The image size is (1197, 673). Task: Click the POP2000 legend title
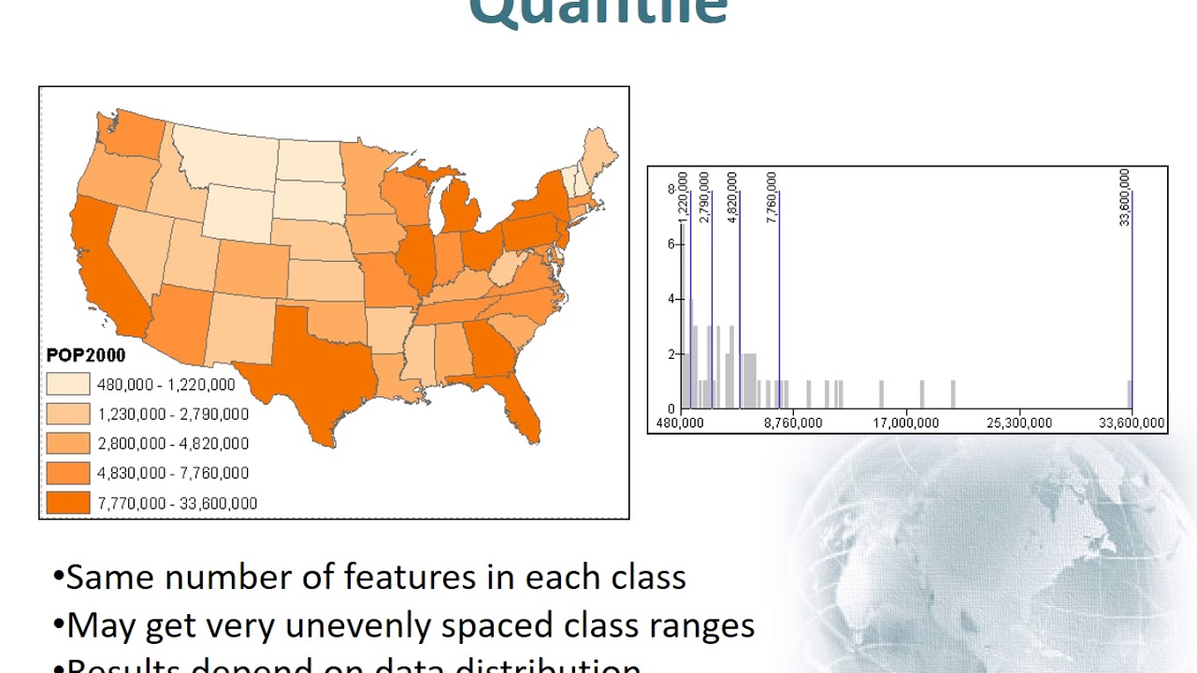click(85, 355)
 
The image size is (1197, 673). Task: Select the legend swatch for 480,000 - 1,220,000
click(68, 384)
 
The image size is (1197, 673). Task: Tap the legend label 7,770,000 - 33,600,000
click(177, 503)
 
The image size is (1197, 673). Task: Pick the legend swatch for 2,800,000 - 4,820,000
click(68, 443)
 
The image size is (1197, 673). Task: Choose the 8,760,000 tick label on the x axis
click(793, 423)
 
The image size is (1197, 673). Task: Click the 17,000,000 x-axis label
click(906, 423)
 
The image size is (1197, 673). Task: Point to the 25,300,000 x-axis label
click(1018, 423)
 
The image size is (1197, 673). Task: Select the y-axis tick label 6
click(671, 244)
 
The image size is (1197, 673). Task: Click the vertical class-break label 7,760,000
click(772, 196)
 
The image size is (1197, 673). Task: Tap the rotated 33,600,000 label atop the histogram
click(1125, 196)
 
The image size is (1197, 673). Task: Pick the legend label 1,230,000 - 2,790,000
click(173, 414)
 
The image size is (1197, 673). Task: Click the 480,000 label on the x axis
click(680, 423)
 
